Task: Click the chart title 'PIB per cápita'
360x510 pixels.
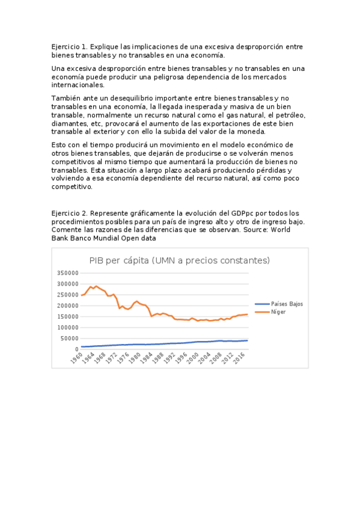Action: coord(180,260)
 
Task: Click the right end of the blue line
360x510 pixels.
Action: coord(247,340)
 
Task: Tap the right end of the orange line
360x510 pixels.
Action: coord(247,314)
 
